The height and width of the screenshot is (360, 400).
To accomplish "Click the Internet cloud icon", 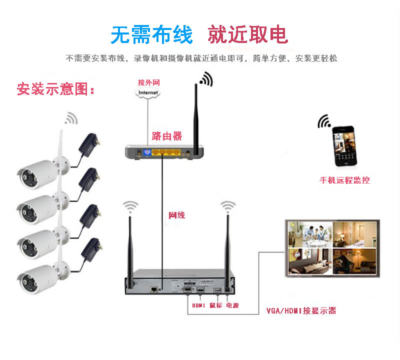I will click(148, 92).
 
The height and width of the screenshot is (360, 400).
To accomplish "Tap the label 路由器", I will click(167, 136).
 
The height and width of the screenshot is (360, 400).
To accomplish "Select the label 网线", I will click(177, 215).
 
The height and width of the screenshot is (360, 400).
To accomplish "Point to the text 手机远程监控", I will click(344, 180).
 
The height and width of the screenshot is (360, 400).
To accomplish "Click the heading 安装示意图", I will click(55, 89).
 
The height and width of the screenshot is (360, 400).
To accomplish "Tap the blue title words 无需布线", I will click(151, 34).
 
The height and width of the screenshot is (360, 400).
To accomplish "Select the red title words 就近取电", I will click(247, 34).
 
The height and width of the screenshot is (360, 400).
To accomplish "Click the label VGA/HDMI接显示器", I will click(301, 310).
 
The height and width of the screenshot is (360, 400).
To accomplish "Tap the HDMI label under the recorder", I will click(198, 305).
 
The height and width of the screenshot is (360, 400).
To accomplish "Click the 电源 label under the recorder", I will click(232, 305).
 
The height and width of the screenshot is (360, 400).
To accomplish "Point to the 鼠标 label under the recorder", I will click(215, 305).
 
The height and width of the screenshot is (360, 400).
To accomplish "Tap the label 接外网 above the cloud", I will click(149, 82).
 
